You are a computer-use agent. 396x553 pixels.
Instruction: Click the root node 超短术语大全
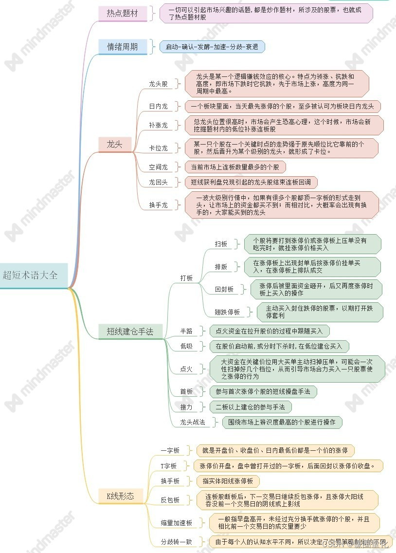30,275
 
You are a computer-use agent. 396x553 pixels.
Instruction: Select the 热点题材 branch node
123,14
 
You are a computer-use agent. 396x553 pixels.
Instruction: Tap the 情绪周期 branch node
123,47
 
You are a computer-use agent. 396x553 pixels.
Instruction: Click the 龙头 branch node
115,144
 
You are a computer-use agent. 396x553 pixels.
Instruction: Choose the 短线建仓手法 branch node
130,332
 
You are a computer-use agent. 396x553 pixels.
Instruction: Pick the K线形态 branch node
121,497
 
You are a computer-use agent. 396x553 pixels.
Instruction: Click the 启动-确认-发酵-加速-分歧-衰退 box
212,47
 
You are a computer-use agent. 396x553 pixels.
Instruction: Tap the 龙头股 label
158,84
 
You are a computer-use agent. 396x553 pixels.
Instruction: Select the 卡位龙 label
158,147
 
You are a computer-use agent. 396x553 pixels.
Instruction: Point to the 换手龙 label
158,205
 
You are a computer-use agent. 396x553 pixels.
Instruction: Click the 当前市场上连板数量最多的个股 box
235,167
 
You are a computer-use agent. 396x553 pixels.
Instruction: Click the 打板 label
186,278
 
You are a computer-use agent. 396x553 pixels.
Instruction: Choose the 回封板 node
224,289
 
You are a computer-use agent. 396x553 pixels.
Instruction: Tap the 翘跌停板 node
227,312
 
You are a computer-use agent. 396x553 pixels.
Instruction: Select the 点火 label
186,369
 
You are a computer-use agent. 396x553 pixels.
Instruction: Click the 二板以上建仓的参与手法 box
250,406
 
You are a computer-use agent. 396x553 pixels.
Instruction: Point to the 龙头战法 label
193,422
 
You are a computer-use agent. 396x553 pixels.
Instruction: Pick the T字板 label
169,466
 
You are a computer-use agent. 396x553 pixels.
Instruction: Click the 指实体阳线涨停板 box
228,481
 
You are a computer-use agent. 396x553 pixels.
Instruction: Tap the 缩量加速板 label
177,523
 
